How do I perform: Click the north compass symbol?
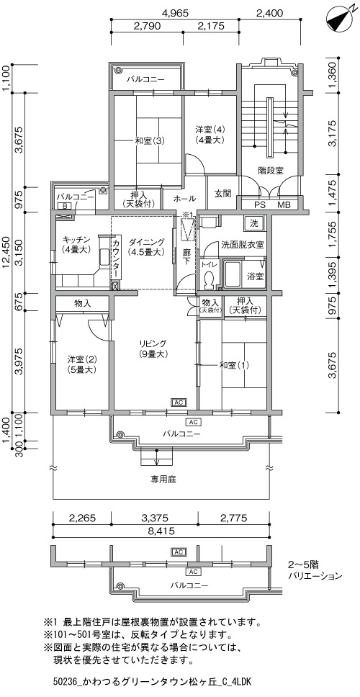pos(338,19)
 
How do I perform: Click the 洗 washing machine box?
pos(253,222)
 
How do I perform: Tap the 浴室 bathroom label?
pos(255,276)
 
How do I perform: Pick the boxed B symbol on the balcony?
pos(65,206)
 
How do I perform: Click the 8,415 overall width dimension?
pos(161,531)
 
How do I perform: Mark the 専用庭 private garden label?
pos(161,480)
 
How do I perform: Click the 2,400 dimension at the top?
pos(270,13)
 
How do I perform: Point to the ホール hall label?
pos(184,198)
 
